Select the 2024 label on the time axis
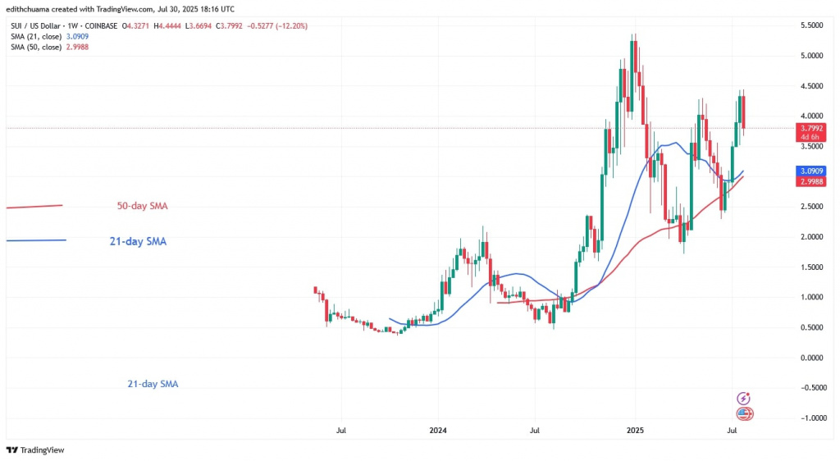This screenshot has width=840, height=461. [x=438, y=429]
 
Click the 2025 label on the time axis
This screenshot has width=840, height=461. [x=633, y=429]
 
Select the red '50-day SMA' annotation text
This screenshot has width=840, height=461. [x=142, y=207]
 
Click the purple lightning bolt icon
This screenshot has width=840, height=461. [x=744, y=399]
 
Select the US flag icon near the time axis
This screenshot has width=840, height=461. [x=745, y=413]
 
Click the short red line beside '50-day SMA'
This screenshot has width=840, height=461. [x=34, y=206]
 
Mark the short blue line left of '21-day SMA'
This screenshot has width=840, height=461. [x=36, y=240]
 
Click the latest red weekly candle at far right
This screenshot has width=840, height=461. [x=743, y=112]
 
